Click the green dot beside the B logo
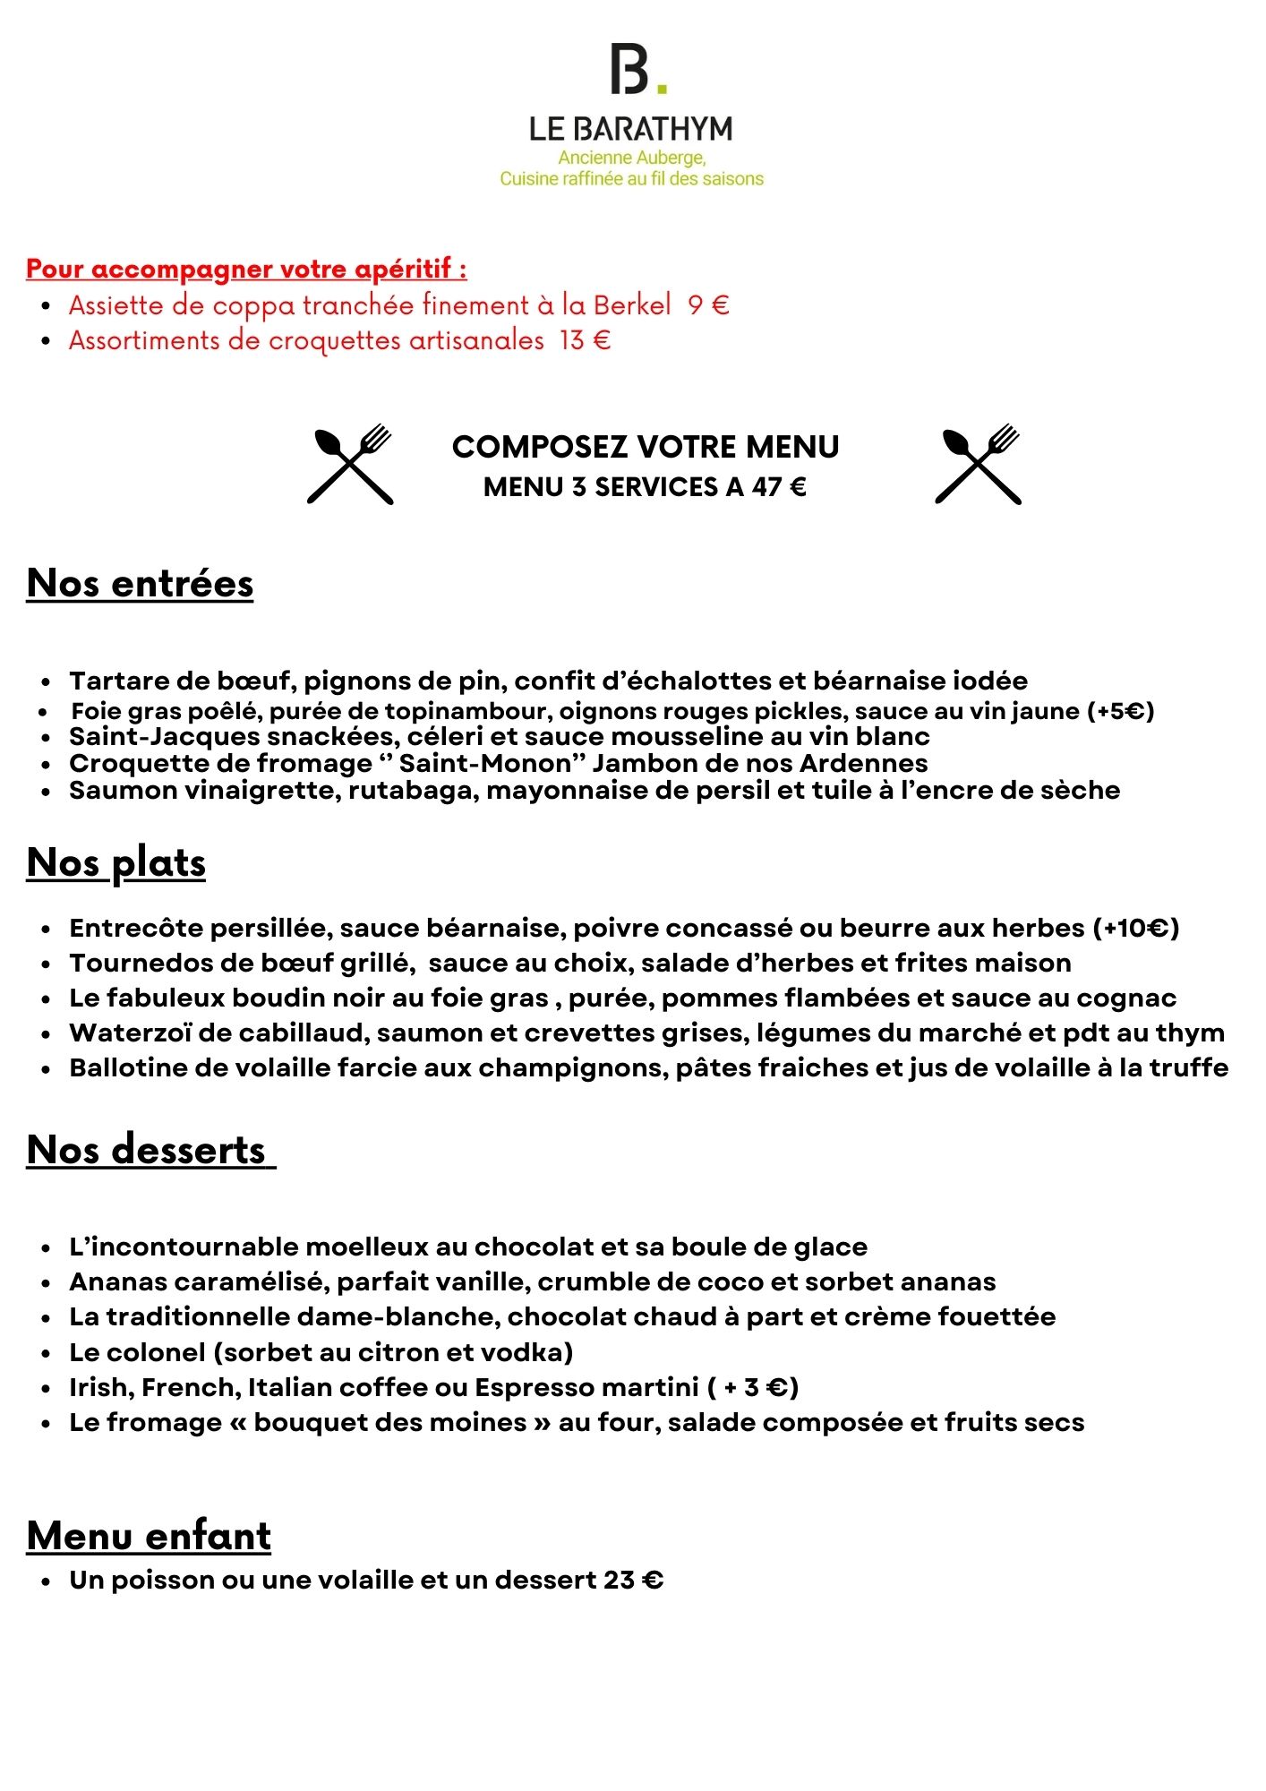click(662, 88)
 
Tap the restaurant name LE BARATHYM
click(631, 130)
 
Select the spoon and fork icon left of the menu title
click(350, 464)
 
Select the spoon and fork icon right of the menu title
click(978, 464)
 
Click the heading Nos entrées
click(141, 584)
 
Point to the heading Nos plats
click(116, 863)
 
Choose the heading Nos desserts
click(147, 1150)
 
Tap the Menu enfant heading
click(149, 1536)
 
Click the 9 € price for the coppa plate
click(708, 306)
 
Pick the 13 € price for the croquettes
click(585, 341)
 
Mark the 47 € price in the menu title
click(779, 487)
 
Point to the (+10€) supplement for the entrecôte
click(1136, 928)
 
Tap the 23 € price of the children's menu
click(633, 1581)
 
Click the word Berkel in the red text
click(632, 306)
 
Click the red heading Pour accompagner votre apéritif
click(246, 269)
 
